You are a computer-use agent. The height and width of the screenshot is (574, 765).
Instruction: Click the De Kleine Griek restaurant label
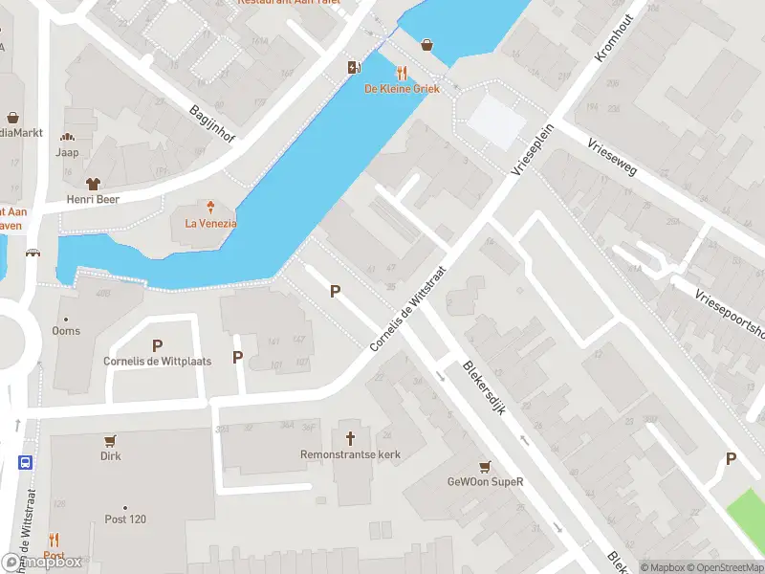tap(401, 89)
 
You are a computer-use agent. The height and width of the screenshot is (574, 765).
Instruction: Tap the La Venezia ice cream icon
tap(210, 206)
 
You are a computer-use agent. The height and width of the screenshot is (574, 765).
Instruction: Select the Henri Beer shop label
tap(93, 200)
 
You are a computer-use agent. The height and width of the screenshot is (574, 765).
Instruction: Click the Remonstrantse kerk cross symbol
tap(351, 437)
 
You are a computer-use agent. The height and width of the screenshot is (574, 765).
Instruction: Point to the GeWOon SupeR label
tap(486, 482)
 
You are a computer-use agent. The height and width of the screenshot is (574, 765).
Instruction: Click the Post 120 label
tap(125, 519)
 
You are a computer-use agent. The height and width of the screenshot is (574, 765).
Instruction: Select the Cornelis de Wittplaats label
tap(157, 362)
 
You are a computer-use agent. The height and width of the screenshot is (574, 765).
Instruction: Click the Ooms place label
tap(67, 331)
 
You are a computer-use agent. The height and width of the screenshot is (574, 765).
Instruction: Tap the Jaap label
tap(67, 152)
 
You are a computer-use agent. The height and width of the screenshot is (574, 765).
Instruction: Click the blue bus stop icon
tap(25, 461)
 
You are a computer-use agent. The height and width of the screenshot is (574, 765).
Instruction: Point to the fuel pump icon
tap(355, 66)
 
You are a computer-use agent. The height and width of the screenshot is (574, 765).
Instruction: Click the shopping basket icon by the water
tap(426, 43)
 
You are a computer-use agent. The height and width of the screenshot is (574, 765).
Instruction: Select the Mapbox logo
tap(42, 562)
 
